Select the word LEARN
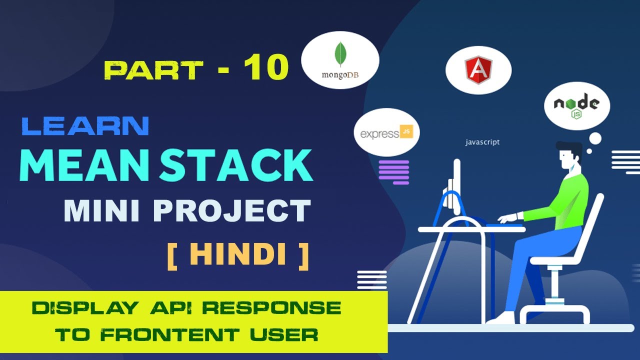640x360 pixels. pyautogui.click(x=85, y=126)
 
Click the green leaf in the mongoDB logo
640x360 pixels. pyautogui.click(x=340, y=54)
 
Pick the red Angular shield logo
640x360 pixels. pyautogui.click(x=478, y=70)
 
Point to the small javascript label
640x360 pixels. pyautogui.click(x=482, y=142)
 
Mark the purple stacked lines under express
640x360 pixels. pyautogui.click(x=394, y=171)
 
